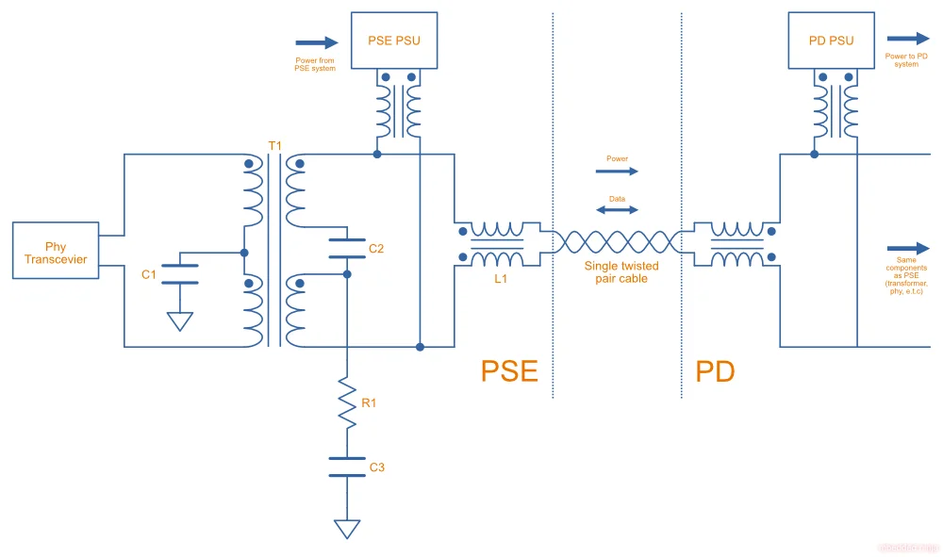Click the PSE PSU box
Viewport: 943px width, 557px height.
(394, 41)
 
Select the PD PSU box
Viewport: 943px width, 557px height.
(831, 41)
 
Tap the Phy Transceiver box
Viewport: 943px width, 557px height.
(56, 253)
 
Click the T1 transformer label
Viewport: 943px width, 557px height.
(274, 145)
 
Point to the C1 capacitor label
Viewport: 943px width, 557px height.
(149, 274)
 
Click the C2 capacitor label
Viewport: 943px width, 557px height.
(376, 249)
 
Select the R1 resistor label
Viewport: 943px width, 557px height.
(370, 403)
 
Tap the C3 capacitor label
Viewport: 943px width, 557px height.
(376, 467)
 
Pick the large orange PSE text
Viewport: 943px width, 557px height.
(509, 370)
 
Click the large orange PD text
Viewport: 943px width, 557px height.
(715, 370)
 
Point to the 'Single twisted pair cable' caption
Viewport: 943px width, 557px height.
(620, 272)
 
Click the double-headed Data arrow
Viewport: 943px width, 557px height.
(618, 210)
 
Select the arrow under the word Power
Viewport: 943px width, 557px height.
(618, 172)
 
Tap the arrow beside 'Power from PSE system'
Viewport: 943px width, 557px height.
(317, 42)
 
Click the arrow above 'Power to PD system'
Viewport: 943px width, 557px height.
(907, 39)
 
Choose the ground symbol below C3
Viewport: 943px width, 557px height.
(347, 528)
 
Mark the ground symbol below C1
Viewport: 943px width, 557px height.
(179, 320)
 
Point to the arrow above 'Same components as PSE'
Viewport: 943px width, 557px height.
(907, 249)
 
